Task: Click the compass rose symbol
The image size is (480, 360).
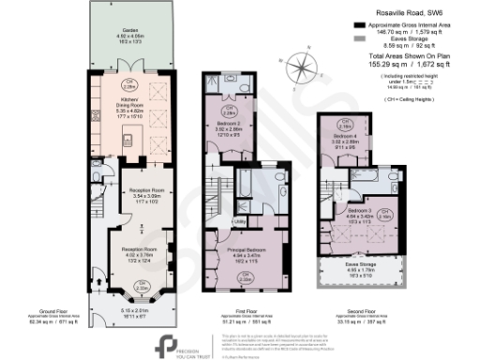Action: click(302, 69)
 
